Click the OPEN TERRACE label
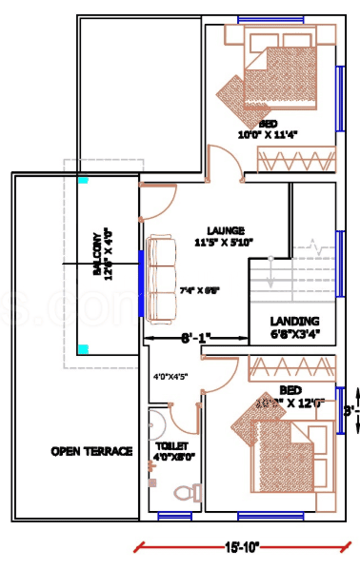coord(91,450)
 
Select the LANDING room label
coord(294,321)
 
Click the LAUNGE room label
coord(225,230)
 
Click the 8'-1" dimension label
coord(195,337)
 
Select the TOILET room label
coord(171,445)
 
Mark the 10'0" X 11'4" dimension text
coord(268,135)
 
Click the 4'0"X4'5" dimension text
coord(170,377)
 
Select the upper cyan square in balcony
coord(83,179)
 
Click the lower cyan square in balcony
coord(83,348)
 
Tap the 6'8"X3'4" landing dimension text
coord(294,334)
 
